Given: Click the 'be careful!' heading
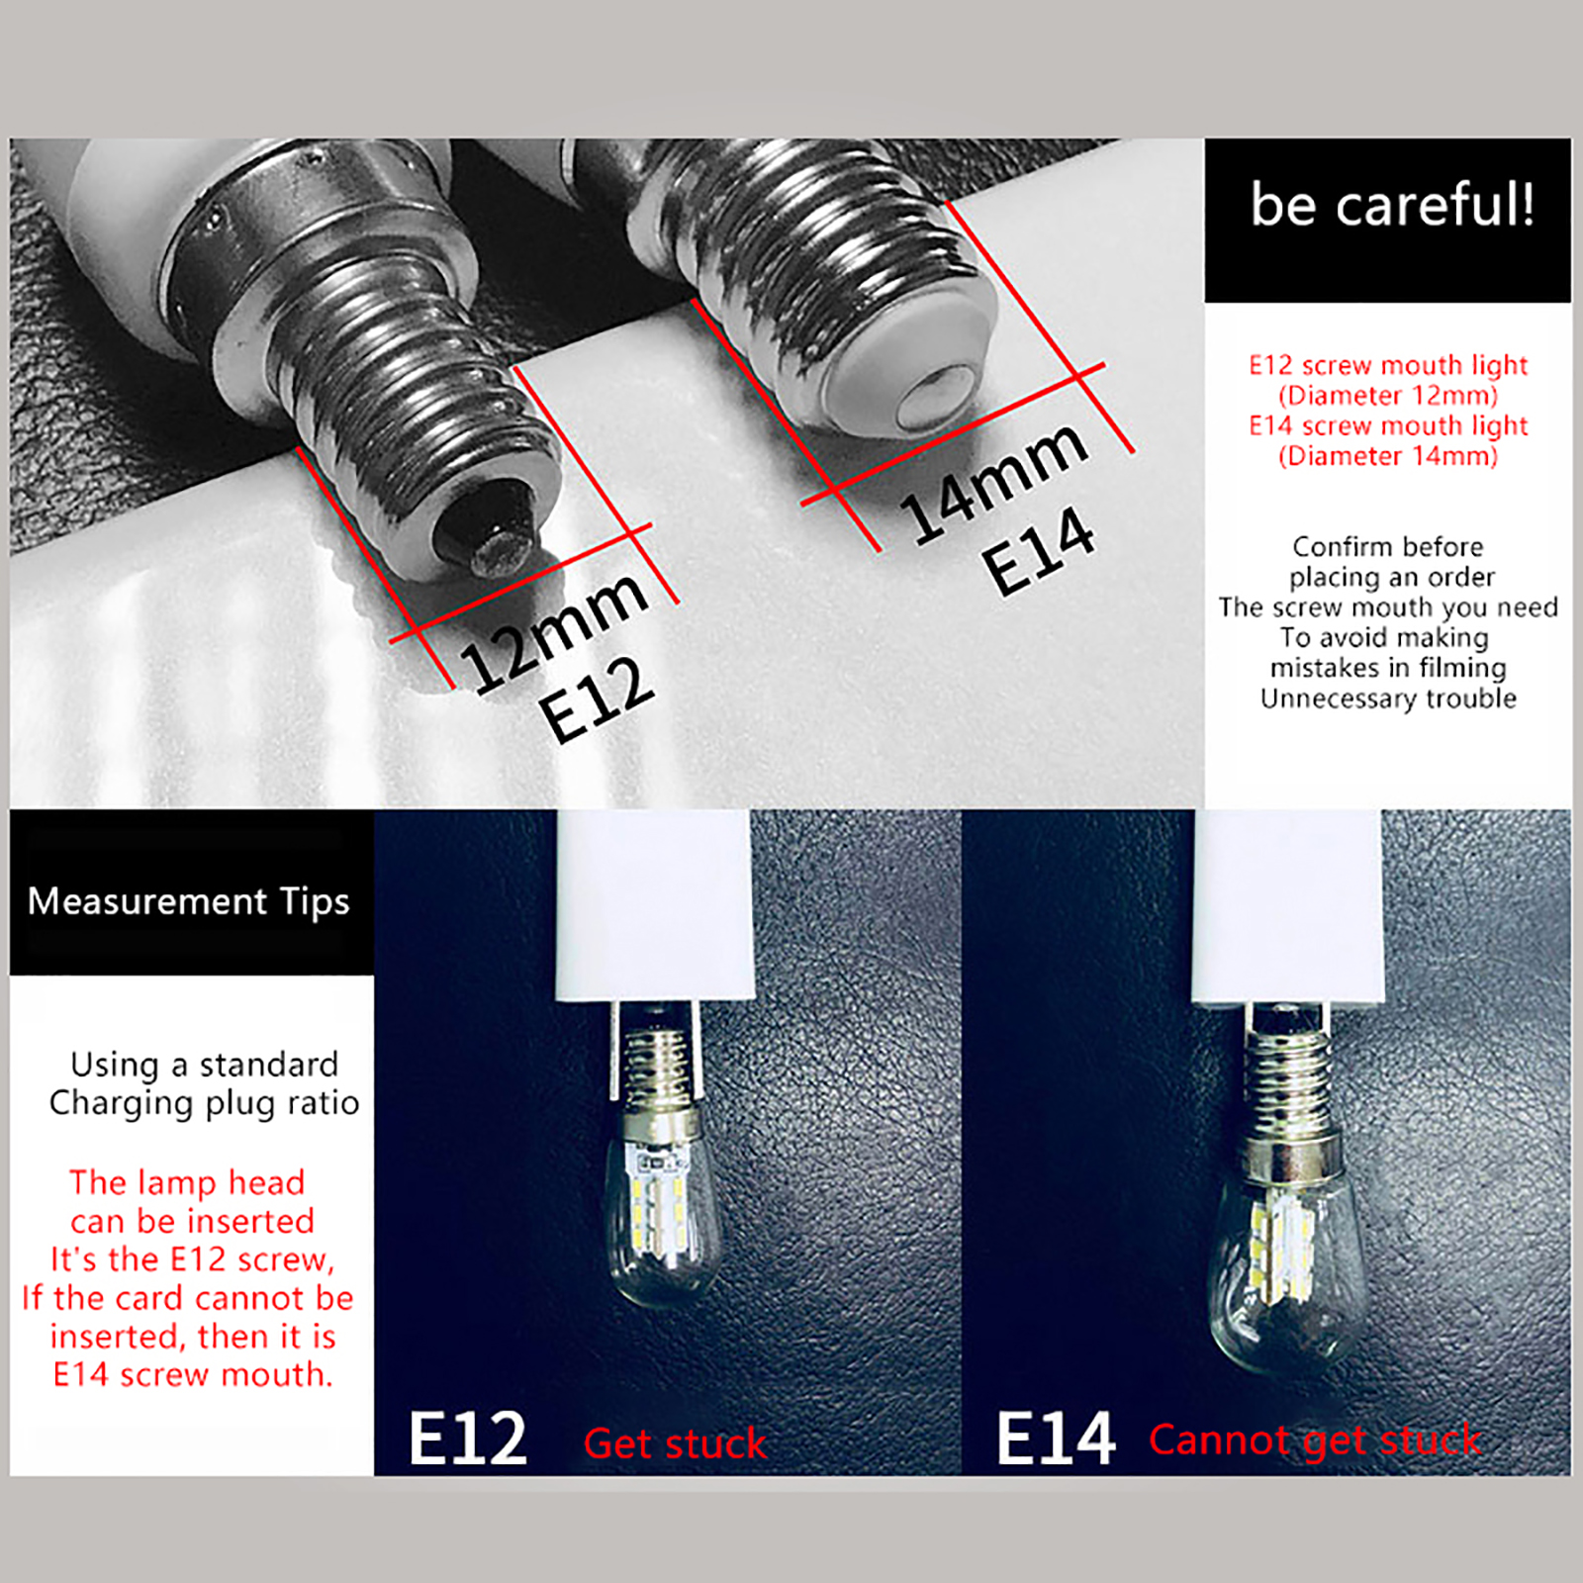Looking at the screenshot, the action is [x=1392, y=205].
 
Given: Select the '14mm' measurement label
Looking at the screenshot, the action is [x=994, y=482].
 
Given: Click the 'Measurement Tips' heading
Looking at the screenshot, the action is [x=189, y=900].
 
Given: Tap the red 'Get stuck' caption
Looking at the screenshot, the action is [x=676, y=1443].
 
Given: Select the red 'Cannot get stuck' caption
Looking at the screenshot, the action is [x=1315, y=1441].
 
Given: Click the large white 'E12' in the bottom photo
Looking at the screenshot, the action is [x=468, y=1439].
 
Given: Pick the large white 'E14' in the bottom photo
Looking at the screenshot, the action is [x=1056, y=1439].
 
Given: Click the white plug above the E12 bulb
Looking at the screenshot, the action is [x=653, y=905].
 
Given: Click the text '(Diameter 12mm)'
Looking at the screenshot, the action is [x=1388, y=396].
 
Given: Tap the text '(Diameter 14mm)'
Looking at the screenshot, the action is [x=1388, y=456].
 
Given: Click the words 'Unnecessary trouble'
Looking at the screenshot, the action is [x=1388, y=698].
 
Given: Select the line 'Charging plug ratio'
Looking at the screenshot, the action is [x=204, y=1103].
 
